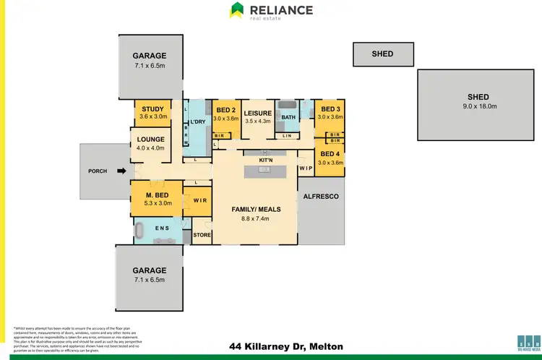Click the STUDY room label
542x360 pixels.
pos(152,109)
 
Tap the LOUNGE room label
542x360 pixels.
pos(150,140)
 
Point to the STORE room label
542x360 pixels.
pos(202,235)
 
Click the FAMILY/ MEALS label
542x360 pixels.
pos(255,209)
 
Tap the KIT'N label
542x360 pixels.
pos(265,160)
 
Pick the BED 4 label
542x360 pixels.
pos(330,154)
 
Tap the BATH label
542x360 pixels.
pos(288,117)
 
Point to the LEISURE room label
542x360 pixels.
pos(257,113)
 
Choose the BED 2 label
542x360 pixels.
pos(226,109)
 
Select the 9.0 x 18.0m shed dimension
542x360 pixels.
pos(478,106)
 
